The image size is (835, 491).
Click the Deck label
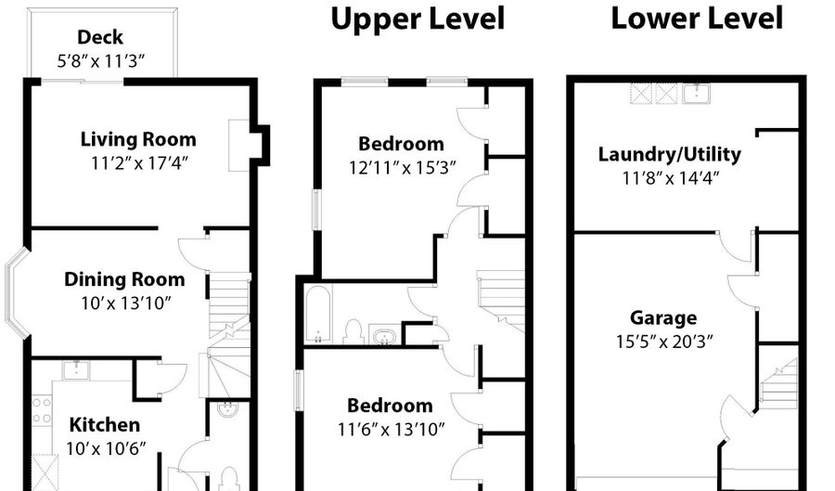tap(100, 37)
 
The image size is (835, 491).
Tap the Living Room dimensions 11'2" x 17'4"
tap(139, 162)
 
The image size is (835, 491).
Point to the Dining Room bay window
tap(16, 293)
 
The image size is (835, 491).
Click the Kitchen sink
tap(76, 369)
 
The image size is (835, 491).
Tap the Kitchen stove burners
tap(42, 410)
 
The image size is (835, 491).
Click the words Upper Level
tap(417, 19)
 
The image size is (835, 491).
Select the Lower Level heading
tap(697, 19)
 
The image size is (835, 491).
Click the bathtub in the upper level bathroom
tap(318, 315)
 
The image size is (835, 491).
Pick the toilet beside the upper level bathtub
tap(352, 331)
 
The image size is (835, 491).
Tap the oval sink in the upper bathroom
tap(383, 337)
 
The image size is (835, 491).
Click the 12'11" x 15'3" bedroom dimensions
tap(402, 168)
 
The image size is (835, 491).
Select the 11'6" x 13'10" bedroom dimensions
tap(391, 429)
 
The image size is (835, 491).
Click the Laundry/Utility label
tap(669, 154)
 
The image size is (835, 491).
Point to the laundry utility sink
tap(696, 93)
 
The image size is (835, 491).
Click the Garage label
tap(663, 318)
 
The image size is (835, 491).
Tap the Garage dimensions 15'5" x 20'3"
tap(664, 341)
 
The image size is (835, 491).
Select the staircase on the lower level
tap(778, 384)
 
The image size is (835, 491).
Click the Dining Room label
tap(124, 279)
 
